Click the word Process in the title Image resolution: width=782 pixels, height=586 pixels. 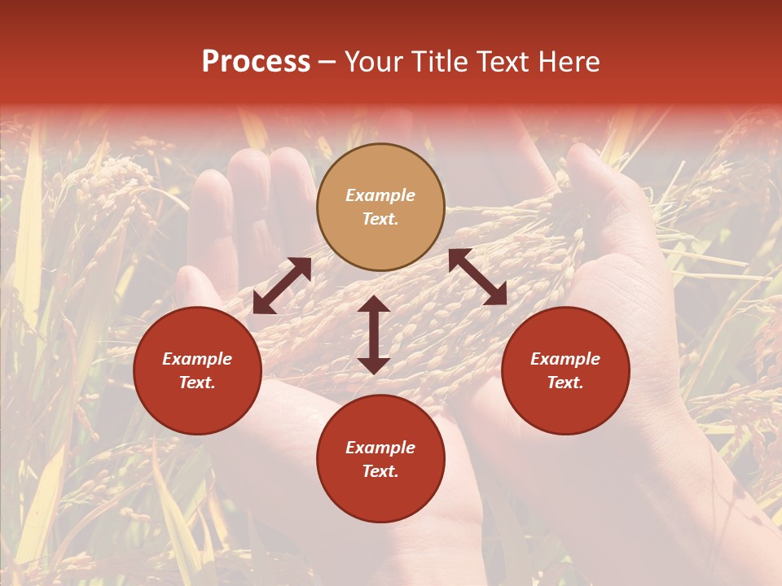pos(256,62)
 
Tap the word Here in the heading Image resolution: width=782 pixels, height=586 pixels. pos(568,62)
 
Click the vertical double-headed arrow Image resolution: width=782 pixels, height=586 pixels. pos(374,335)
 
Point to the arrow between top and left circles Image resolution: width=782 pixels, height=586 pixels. pos(282,286)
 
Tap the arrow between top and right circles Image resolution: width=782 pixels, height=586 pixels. pos(477,278)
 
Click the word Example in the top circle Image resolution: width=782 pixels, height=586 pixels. pos(380,195)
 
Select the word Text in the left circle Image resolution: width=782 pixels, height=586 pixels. pos(197,383)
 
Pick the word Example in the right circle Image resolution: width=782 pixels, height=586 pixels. pos(565,359)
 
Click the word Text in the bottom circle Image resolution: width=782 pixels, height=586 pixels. pos(380,471)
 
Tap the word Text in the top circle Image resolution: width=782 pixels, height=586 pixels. pos(380,219)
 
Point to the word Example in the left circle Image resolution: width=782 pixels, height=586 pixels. pos(197,359)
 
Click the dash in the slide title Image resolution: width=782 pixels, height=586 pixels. pos(327,62)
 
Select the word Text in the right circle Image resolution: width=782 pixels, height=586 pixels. pos(565,383)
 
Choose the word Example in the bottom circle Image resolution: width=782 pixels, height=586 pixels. pos(380,448)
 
